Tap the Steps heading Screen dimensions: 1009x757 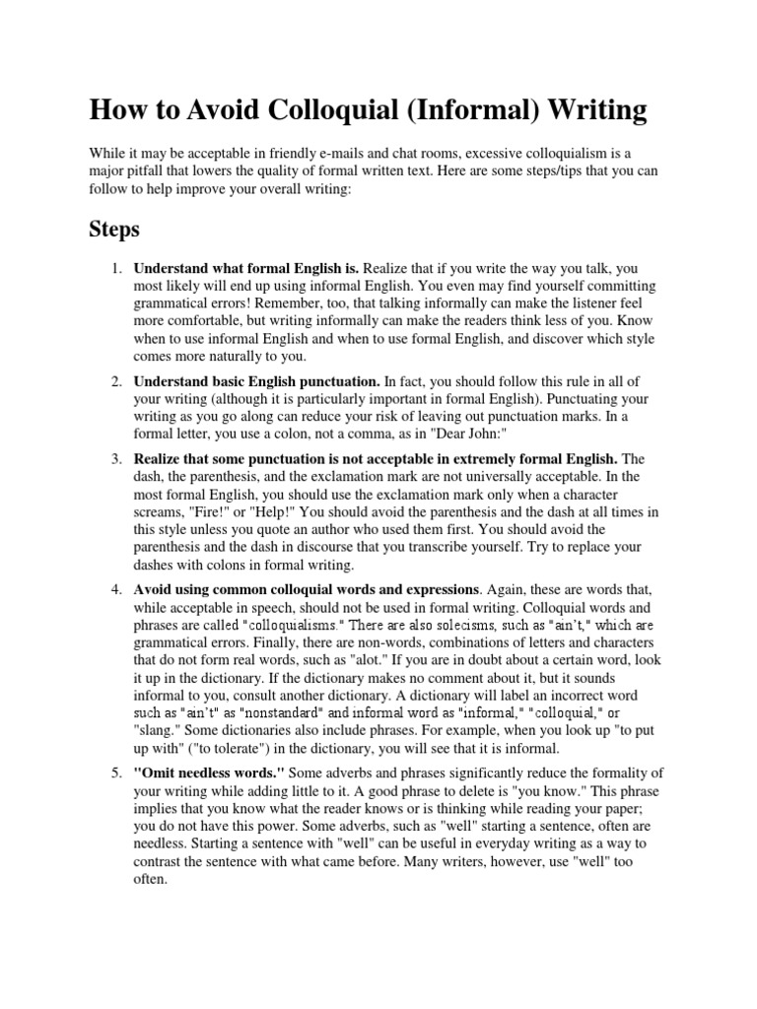pyautogui.click(x=114, y=230)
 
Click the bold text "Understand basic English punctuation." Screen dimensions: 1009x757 pyautogui.click(x=256, y=380)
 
